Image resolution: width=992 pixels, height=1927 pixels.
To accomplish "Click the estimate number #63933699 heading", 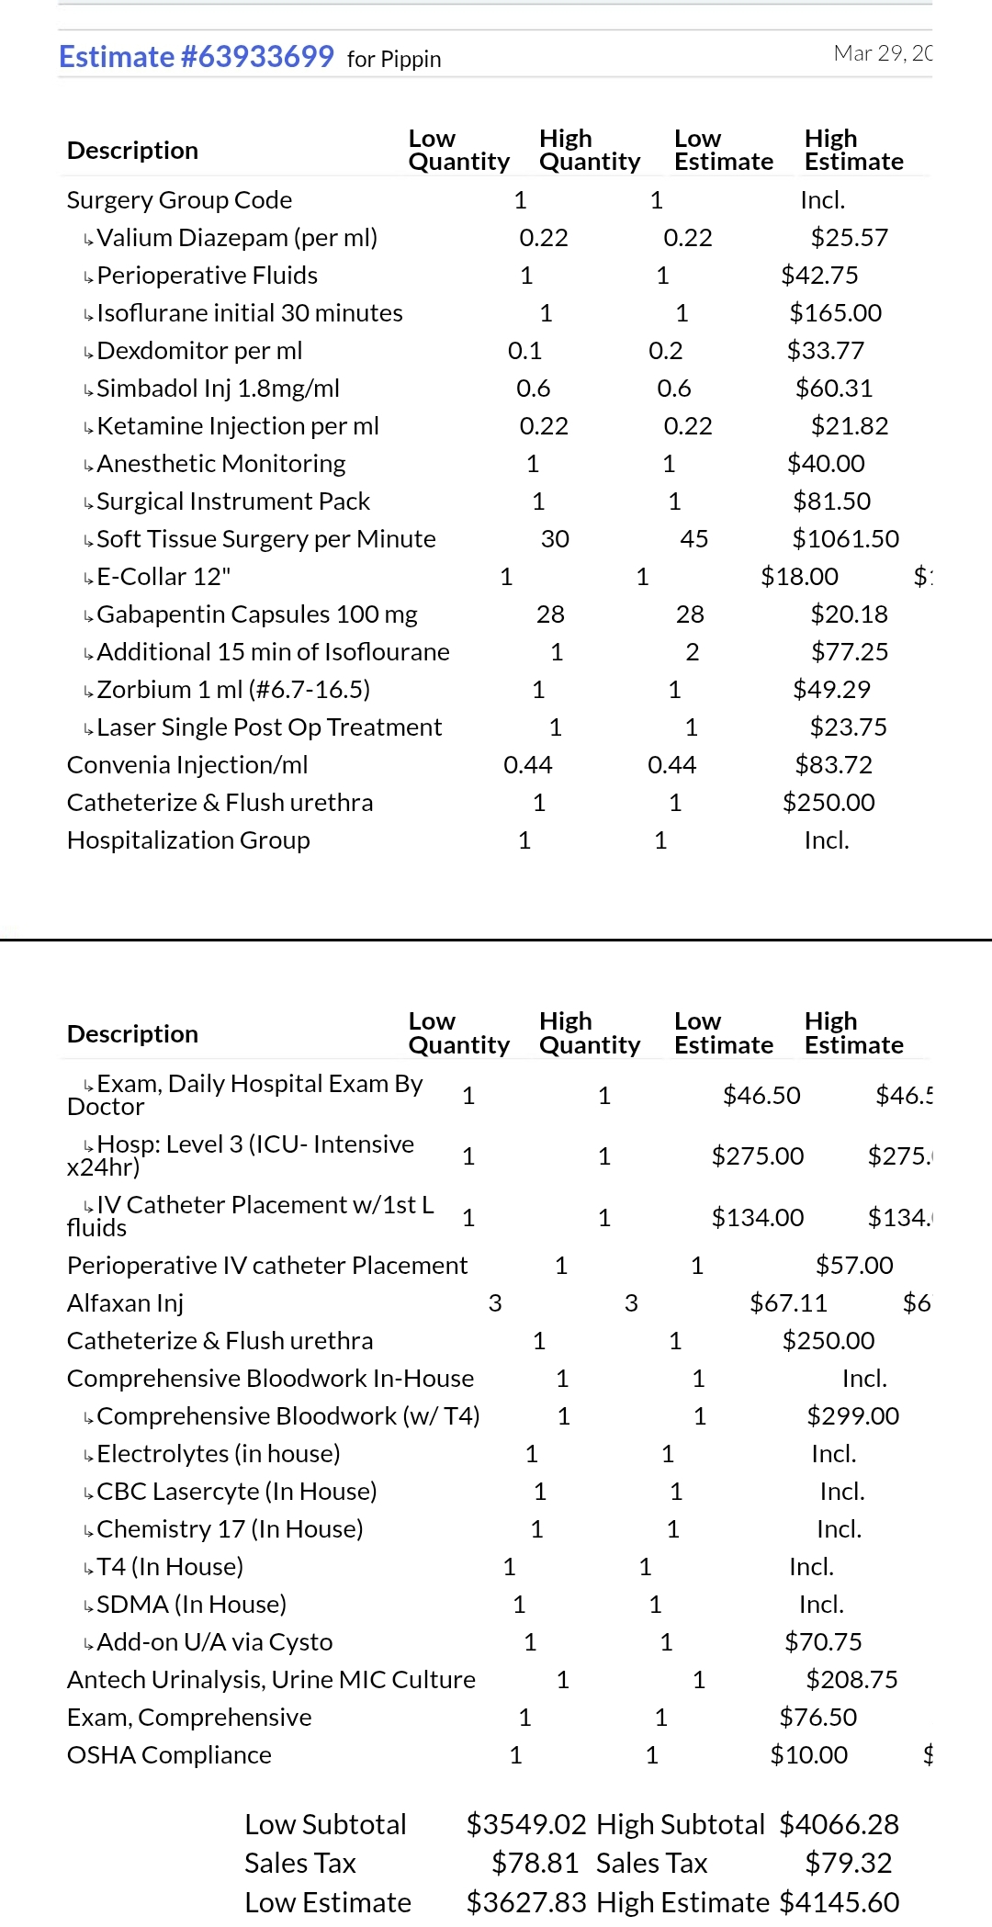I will pos(196,57).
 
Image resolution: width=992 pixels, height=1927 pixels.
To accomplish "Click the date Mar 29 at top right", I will pos(882,53).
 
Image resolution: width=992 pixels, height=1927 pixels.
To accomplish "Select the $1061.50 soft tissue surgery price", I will pos(845,539).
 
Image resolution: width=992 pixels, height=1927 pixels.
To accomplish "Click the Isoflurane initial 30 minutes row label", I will pos(249,313).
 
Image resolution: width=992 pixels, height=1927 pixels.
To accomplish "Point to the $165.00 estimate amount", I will pos(835,313).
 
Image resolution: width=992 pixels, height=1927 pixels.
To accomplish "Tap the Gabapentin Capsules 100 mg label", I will pos(256,614).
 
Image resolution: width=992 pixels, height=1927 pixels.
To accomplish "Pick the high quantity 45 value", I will pos(693,539).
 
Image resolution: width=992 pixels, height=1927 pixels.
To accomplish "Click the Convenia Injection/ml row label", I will pos(187,765).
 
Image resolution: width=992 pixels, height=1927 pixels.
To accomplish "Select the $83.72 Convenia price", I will pos(833,765).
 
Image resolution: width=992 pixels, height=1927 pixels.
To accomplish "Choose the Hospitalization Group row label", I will pos(188,840).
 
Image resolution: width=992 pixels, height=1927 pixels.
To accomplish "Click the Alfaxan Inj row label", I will pos(125,1303).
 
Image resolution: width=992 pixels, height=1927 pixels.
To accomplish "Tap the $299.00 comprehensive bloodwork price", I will pos(852,1416).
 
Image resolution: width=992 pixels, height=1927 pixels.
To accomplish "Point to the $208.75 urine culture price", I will pos(851,1680).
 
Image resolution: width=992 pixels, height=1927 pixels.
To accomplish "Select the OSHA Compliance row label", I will pos(169,1755).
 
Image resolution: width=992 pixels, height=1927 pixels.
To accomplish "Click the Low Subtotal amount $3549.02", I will pos(526,1824).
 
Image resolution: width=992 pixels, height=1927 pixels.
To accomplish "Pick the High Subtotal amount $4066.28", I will pos(839,1824).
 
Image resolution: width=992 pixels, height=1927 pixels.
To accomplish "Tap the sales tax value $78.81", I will pos(535,1863).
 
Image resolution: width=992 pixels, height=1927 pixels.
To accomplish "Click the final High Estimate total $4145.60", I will pos(839,1902).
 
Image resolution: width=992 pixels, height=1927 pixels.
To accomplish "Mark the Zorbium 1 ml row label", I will pos(232,690).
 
